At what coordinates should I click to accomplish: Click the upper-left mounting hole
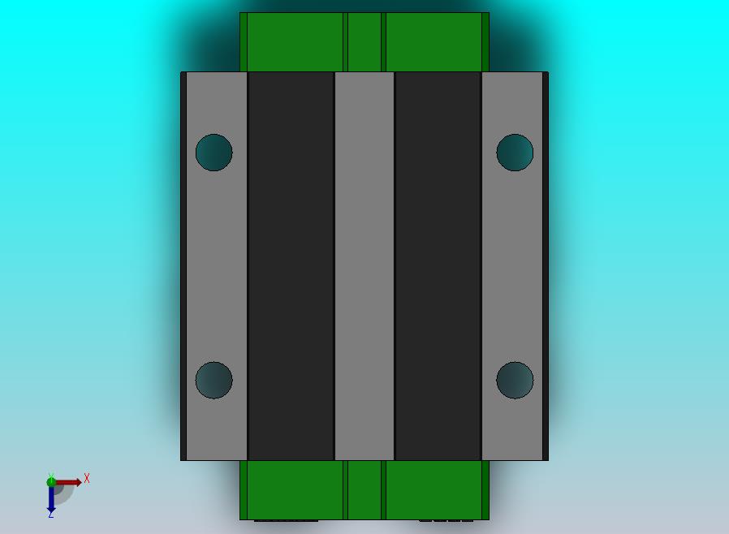(x=214, y=153)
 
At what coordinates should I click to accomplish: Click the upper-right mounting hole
(x=515, y=153)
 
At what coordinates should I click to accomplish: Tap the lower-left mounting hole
(x=214, y=380)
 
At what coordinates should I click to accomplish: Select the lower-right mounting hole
(x=515, y=380)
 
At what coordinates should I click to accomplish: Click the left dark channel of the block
(x=291, y=266)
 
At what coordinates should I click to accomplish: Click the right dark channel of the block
(x=438, y=266)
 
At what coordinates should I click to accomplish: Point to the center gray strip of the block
(x=364, y=266)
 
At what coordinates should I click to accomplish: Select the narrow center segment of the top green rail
(x=364, y=42)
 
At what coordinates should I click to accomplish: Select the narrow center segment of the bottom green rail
(x=364, y=490)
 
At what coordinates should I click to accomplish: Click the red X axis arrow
(x=67, y=482)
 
